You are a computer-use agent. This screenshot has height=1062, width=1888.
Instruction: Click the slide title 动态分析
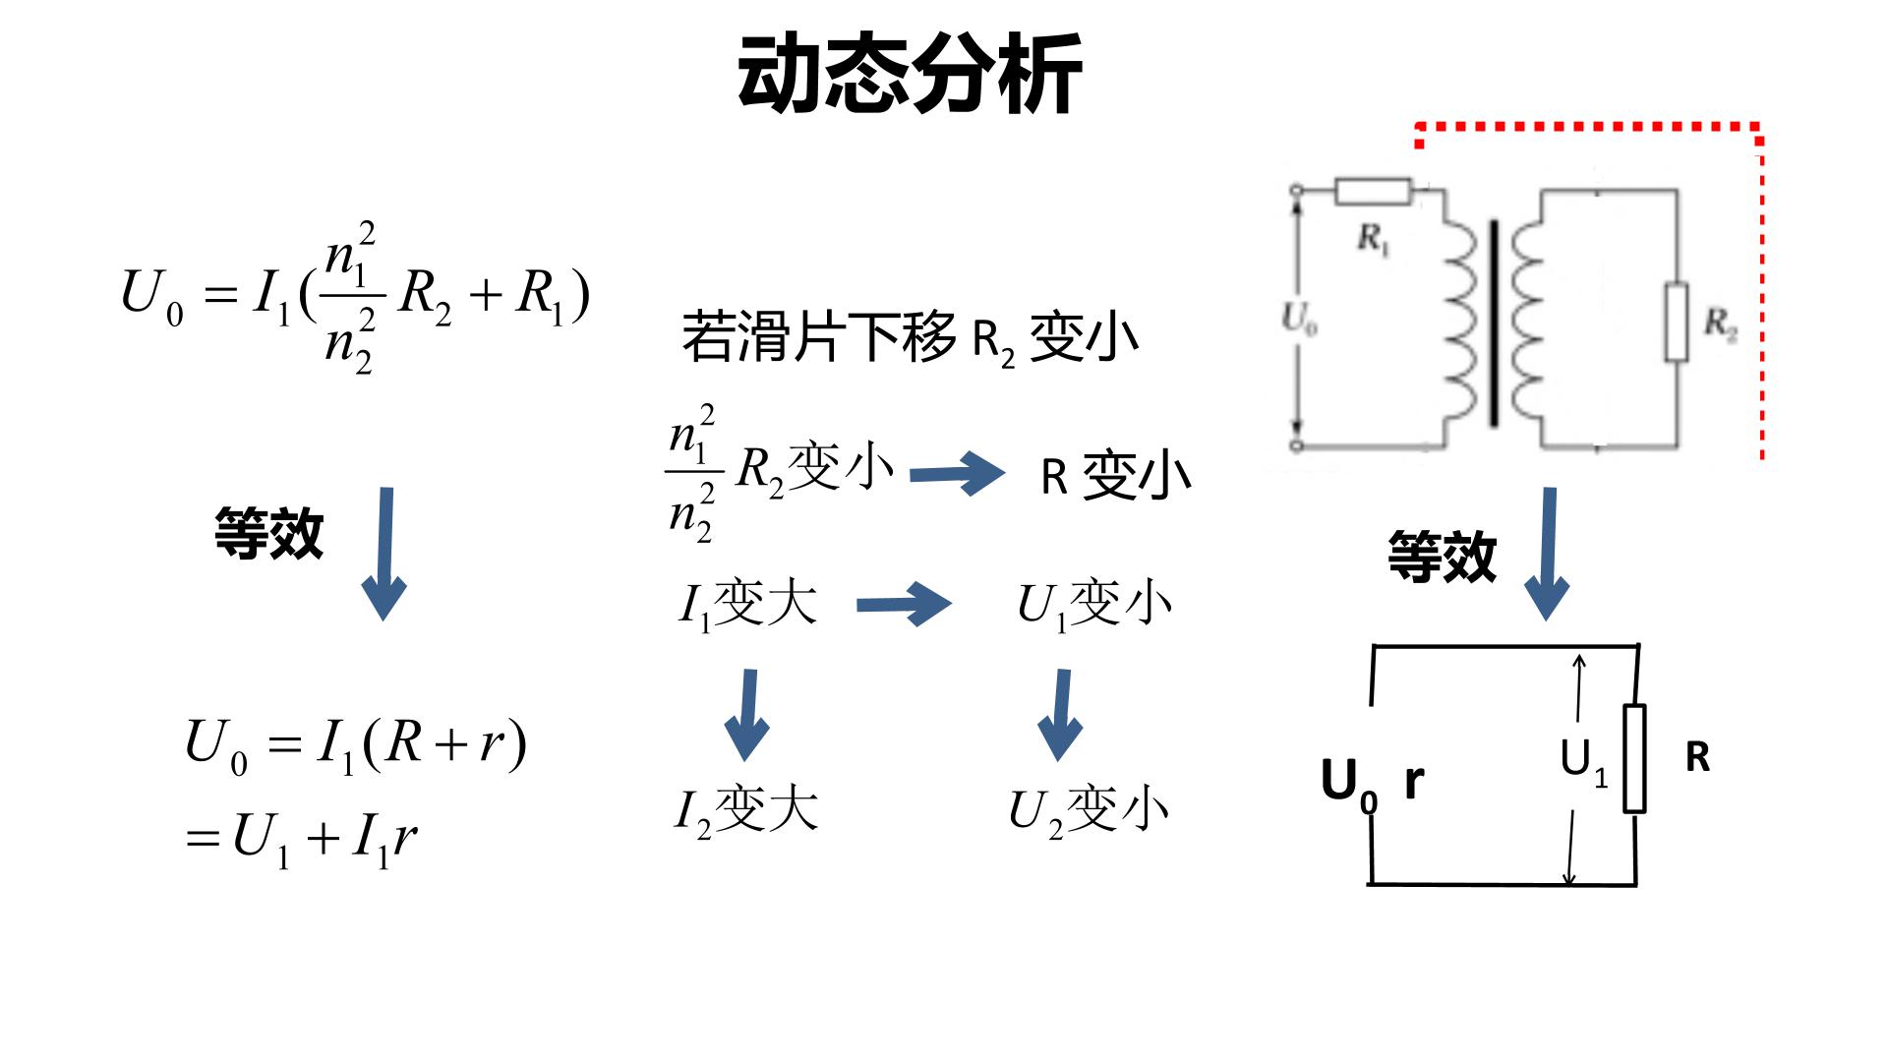910,74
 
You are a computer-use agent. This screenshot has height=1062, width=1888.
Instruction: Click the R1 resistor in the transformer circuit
1373,191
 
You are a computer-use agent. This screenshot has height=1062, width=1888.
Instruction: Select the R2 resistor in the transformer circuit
1676,322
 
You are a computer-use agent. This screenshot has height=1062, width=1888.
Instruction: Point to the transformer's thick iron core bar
1495,324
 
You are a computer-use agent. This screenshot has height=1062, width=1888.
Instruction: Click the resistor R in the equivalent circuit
1634,758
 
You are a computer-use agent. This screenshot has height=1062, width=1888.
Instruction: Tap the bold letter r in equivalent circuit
1414,781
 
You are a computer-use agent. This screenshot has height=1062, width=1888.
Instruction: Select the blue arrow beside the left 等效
384,554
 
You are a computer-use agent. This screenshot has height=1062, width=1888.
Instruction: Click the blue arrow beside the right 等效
1548,554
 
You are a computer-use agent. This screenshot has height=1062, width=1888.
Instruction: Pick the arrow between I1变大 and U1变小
904,604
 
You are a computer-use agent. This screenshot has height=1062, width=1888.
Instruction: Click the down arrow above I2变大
747,715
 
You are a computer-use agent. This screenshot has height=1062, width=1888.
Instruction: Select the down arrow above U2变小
1060,715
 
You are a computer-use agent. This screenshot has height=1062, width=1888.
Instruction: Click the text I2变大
745,811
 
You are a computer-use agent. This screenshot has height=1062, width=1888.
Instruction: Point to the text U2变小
1089,811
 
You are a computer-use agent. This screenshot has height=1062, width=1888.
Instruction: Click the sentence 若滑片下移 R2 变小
910,337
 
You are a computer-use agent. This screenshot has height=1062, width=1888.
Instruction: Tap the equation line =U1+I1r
301,841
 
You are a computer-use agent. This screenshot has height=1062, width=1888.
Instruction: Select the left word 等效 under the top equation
269,534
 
